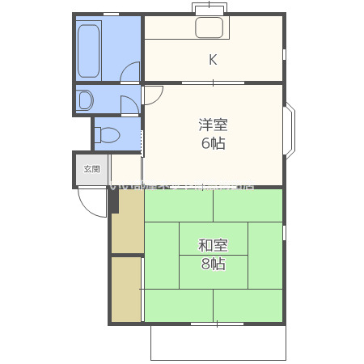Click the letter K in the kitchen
point(213,59)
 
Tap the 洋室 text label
point(214,125)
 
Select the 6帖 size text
point(214,143)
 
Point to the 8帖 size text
point(214,264)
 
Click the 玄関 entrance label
point(91,170)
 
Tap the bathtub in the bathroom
point(88,50)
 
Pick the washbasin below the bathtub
point(85,100)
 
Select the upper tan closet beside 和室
point(127,220)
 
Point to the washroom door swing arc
point(129,104)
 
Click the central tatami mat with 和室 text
point(214,254)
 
